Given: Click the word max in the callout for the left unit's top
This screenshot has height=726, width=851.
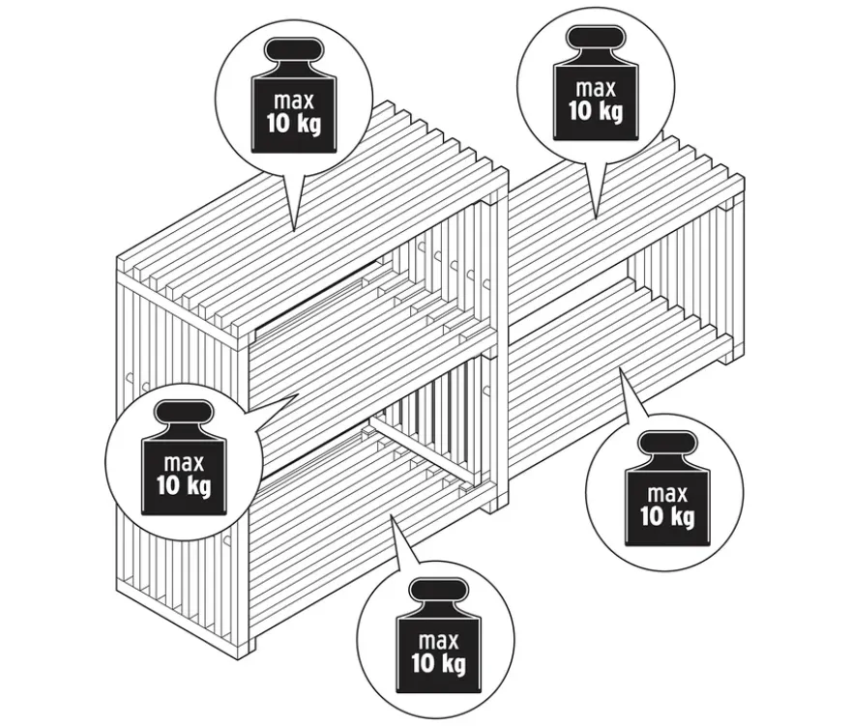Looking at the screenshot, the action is pos(294,101).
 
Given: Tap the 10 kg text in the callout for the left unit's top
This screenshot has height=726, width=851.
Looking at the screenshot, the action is pos(294,125).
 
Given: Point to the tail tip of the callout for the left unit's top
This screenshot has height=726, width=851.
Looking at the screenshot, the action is pos(294,232).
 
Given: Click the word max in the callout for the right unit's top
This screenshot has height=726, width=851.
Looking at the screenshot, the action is pos(596,88).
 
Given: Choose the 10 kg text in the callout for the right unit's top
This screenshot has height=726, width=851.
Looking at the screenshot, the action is pos(596,111).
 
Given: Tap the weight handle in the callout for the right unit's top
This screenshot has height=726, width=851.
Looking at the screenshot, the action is pos(596,37).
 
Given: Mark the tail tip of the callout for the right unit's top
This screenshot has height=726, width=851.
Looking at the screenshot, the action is pos(596,218).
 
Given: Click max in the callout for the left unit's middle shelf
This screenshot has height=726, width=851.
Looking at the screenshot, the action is pos(184,463).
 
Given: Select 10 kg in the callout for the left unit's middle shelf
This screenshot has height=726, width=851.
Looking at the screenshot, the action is pos(184,485).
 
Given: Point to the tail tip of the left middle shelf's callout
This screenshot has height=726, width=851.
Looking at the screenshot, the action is pos(299,394).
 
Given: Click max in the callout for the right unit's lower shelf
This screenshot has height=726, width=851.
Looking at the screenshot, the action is pos(667,494).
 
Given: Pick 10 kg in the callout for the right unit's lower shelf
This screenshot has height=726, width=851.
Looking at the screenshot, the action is pos(667,516).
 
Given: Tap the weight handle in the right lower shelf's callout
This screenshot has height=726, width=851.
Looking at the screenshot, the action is pos(667,444).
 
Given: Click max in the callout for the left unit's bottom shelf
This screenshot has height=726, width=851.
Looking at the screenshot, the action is pos(438,641).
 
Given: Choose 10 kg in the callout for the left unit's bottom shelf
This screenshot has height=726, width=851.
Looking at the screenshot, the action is pos(438,663).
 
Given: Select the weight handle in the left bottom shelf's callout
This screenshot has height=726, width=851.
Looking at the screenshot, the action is pos(438,591).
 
